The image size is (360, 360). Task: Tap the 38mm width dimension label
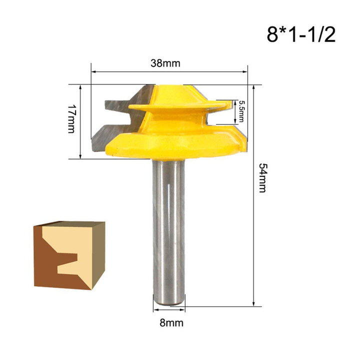coord(165,63)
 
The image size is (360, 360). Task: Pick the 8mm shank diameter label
coord(168,323)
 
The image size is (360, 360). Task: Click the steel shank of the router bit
coord(168,225)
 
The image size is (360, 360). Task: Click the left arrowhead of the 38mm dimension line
coord(93,72)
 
